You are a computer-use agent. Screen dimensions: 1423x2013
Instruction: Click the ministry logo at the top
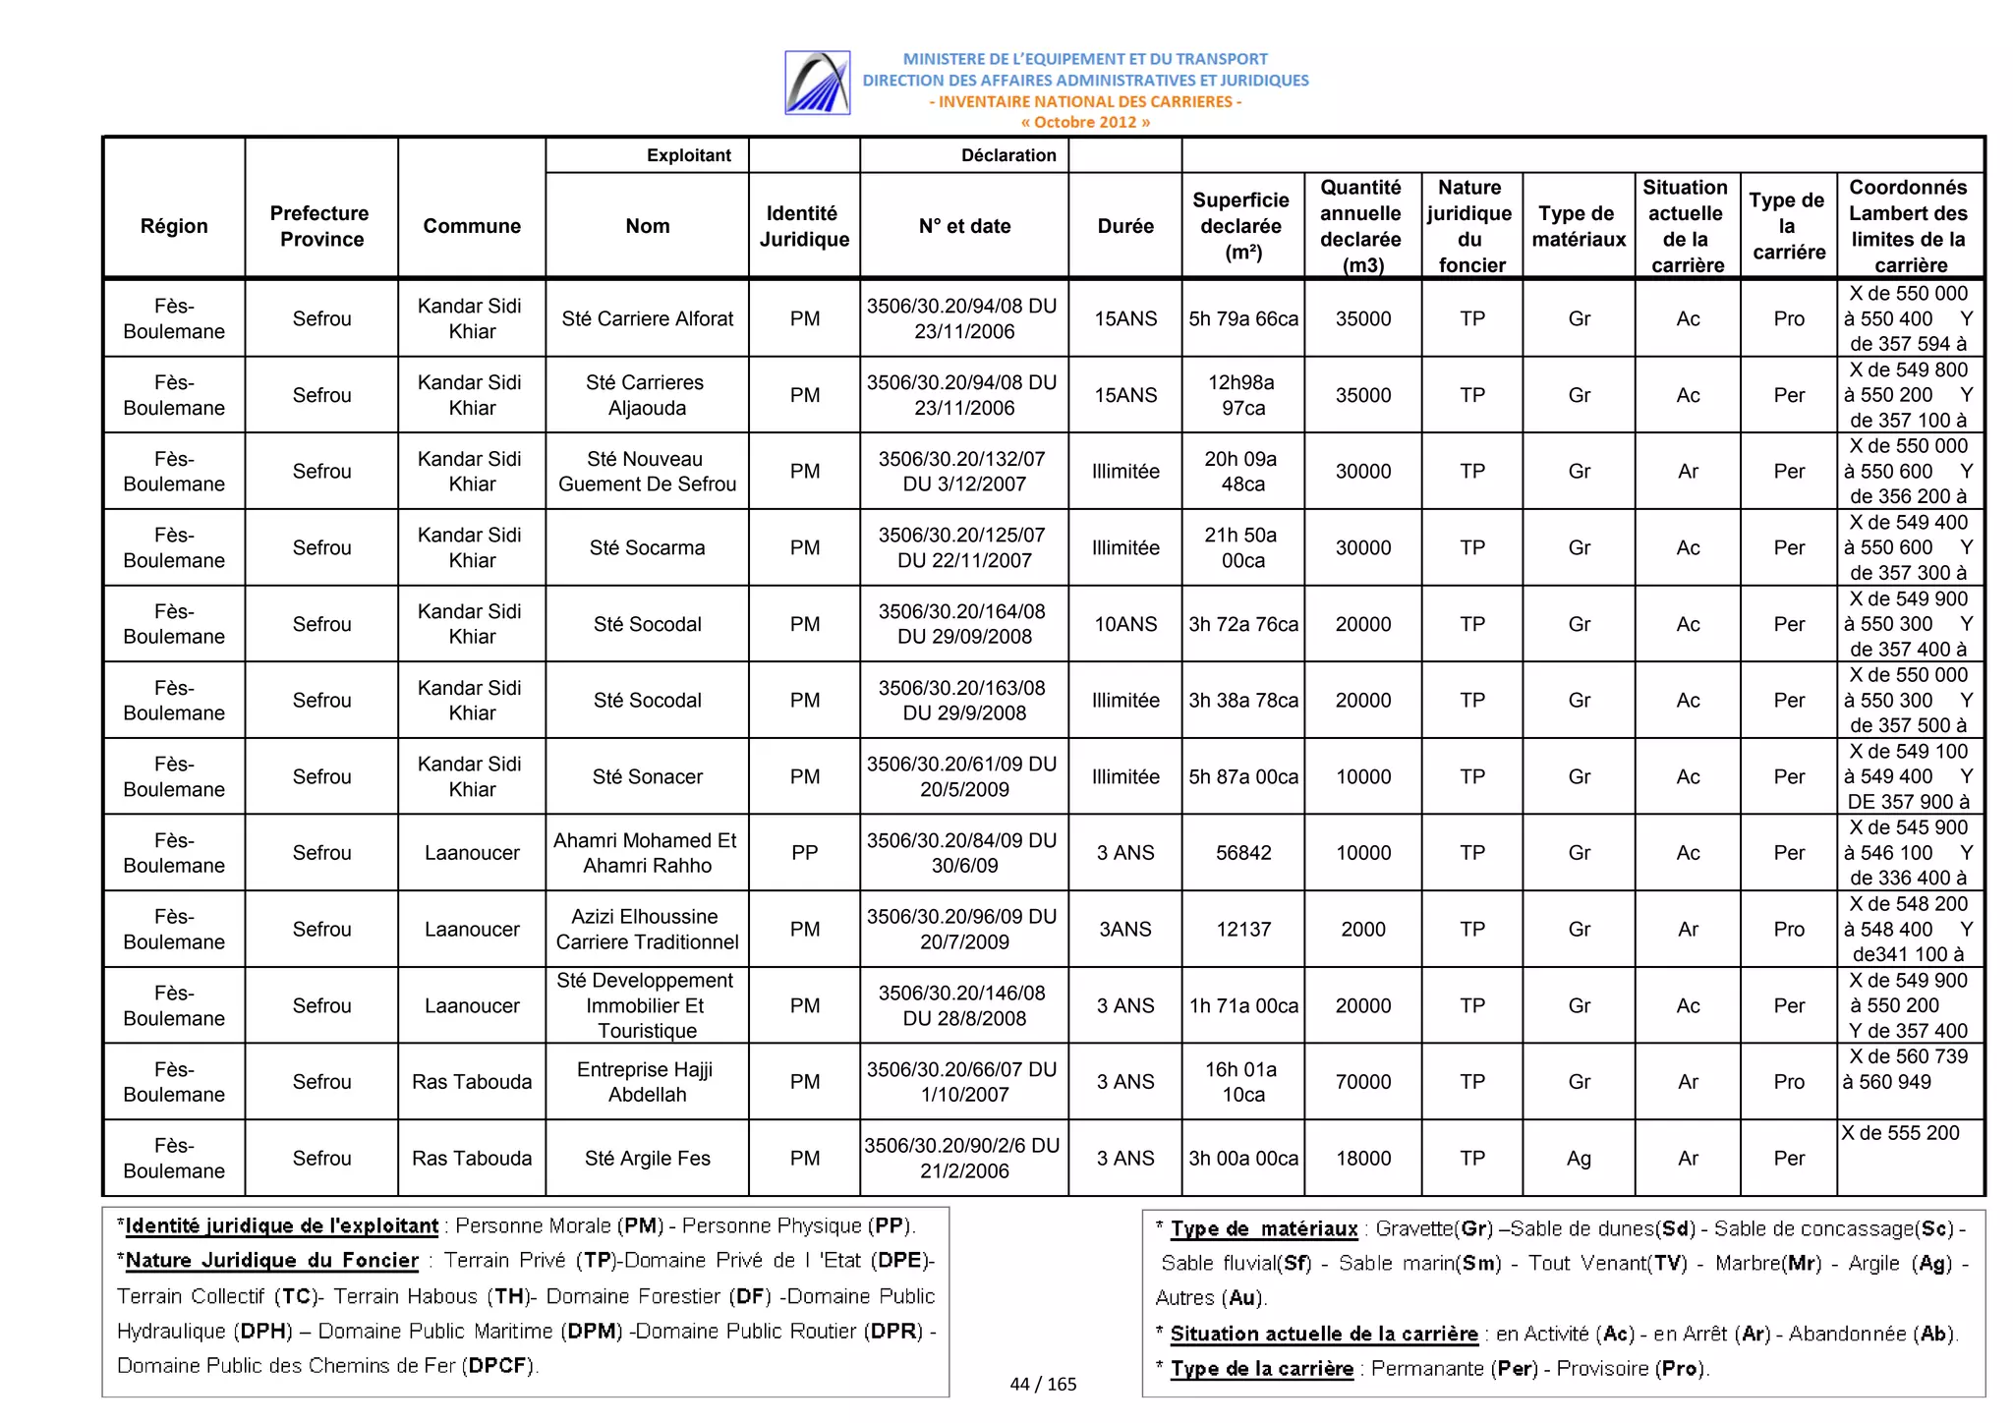[817, 83]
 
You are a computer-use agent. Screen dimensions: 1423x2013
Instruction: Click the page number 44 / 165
[1043, 1384]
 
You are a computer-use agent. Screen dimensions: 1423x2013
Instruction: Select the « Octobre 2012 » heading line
[1084, 122]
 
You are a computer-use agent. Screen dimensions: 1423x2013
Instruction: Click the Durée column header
[1124, 226]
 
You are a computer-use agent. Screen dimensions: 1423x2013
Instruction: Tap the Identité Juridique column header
[803, 226]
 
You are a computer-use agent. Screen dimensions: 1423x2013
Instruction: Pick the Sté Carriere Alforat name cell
[647, 318]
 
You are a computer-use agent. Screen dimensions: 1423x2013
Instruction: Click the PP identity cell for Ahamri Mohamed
[804, 853]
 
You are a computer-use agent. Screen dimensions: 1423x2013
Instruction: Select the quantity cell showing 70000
[1362, 1082]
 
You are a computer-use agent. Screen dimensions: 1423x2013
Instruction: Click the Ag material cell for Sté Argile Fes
[1578, 1159]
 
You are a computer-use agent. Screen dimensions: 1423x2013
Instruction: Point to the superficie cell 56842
[1242, 853]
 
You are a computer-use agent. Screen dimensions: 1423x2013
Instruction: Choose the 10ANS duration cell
[1124, 624]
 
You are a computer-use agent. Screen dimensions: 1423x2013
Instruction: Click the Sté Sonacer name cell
[647, 776]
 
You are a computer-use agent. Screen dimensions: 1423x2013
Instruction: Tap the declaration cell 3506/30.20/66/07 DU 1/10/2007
[963, 1082]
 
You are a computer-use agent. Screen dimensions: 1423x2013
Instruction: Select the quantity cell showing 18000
[1362, 1159]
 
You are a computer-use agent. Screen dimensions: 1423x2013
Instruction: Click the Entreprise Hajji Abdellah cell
[647, 1082]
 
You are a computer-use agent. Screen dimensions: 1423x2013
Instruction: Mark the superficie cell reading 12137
[1242, 930]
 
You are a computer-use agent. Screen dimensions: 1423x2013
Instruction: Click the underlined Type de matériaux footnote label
[1263, 1228]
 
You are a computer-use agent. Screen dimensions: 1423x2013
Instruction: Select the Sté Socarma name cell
[647, 547]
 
